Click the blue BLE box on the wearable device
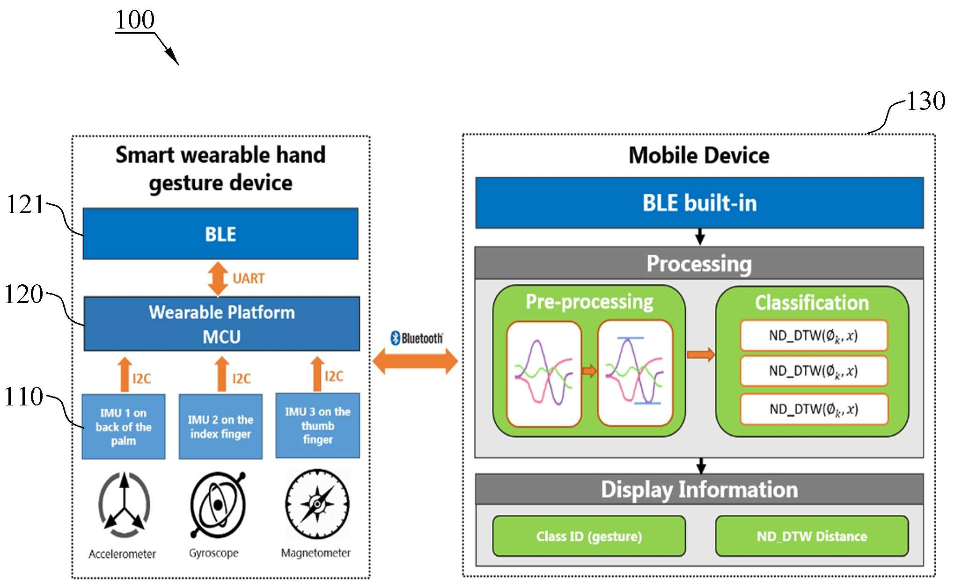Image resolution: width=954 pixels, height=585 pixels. coord(220,234)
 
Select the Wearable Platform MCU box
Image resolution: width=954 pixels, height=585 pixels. coord(222,324)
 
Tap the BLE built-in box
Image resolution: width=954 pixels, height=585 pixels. coord(699,203)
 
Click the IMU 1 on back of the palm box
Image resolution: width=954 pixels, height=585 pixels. coord(124,426)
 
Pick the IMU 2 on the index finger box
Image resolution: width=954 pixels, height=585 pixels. coord(220,426)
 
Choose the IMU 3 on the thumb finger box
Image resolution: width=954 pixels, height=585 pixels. coord(318,426)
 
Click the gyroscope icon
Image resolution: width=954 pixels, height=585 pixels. coord(218,505)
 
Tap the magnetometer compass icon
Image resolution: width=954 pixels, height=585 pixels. coord(317,504)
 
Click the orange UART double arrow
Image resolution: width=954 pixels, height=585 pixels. coord(218,279)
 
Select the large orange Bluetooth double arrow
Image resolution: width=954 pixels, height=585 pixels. coord(415,361)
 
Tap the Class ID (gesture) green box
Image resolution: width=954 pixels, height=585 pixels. coord(589,536)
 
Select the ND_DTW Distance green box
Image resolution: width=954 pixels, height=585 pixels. coord(812,536)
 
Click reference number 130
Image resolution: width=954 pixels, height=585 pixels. coord(926,101)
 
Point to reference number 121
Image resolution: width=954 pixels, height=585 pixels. coord(25,204)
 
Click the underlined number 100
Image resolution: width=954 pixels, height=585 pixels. coord(135,20)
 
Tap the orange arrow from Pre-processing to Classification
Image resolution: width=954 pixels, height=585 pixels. coord(701,355)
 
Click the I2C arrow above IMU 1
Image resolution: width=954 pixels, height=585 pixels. coord(125,375)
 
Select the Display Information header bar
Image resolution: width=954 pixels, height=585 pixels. coord(699,489)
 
